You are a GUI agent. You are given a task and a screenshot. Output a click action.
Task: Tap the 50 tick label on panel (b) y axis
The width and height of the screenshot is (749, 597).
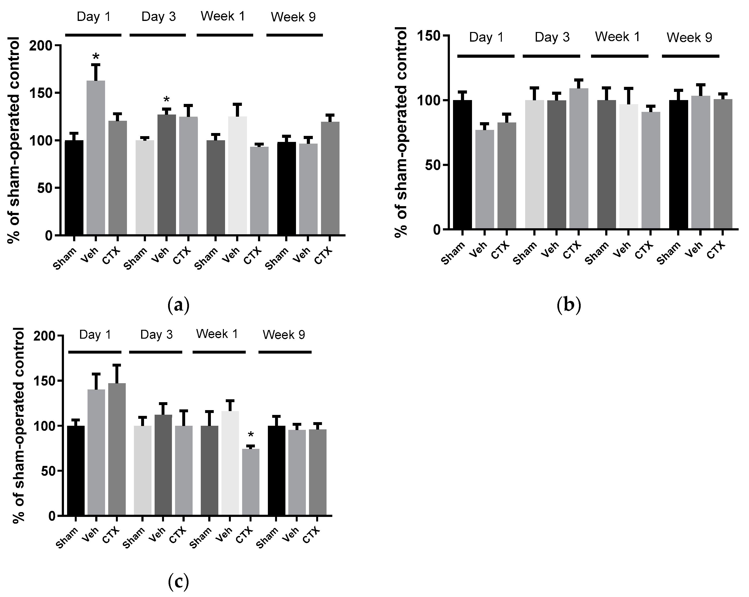tap(432, 165)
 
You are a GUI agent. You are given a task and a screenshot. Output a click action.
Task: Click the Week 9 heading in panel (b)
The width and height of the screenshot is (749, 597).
tap(689, 38)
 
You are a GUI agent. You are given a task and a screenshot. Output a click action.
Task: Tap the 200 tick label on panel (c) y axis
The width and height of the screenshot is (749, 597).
tap(44, 336)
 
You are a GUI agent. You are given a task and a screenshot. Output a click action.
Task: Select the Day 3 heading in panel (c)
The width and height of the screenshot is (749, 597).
tap(156, 335)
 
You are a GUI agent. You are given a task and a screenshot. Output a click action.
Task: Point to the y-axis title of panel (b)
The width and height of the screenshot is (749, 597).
tap(401, 132)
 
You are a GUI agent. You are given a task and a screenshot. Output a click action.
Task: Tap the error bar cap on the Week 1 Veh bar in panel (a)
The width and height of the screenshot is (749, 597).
tap(237, 104)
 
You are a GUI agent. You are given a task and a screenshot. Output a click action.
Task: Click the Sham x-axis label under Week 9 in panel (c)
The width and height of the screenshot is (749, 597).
tap(268, 538)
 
